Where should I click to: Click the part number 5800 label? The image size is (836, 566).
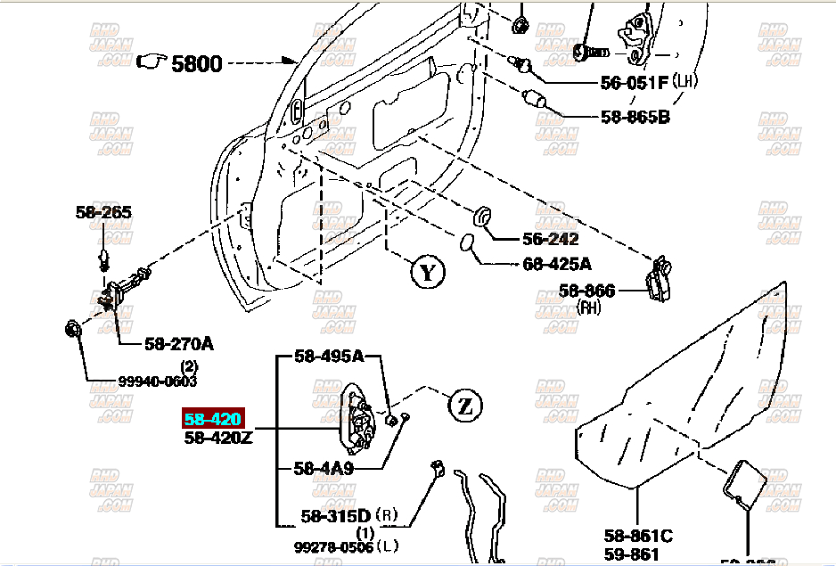point(196,63)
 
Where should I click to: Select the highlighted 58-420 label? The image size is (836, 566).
point(213,419)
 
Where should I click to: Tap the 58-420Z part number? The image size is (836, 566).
point(219,438)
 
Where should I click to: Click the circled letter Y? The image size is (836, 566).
point(427,272)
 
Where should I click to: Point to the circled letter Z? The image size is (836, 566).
point(463,406)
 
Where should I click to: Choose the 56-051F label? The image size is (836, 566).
point(634,84)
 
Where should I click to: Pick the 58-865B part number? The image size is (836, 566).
point(634,116)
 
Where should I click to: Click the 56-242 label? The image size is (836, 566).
point(550,239)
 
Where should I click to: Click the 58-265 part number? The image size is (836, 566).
point(103,212)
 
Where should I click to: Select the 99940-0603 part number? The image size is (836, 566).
point(158,381)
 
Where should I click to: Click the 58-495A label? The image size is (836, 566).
point(330,357)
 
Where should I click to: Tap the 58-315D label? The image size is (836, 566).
point(335,515)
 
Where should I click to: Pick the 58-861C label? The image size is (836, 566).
point(638,536)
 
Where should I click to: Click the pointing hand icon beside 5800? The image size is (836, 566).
point(152,62)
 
